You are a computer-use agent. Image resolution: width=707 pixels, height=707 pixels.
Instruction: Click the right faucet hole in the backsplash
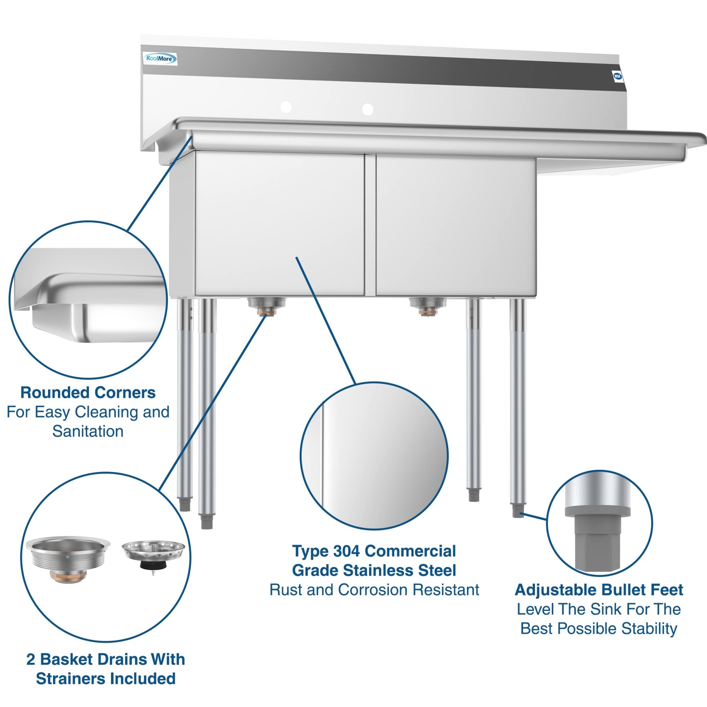coord(367,109)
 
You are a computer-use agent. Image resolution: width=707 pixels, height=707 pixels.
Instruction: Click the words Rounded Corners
coord(88,393)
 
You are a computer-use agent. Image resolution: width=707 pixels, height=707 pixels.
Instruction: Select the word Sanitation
coord(88,431)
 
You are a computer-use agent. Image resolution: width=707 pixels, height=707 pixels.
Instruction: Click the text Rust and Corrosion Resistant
coord(374,590)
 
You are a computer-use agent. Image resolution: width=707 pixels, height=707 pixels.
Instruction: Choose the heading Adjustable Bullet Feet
coord(599,590)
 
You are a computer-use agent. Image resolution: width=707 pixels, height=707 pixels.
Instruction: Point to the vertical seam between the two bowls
coord(370,225)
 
